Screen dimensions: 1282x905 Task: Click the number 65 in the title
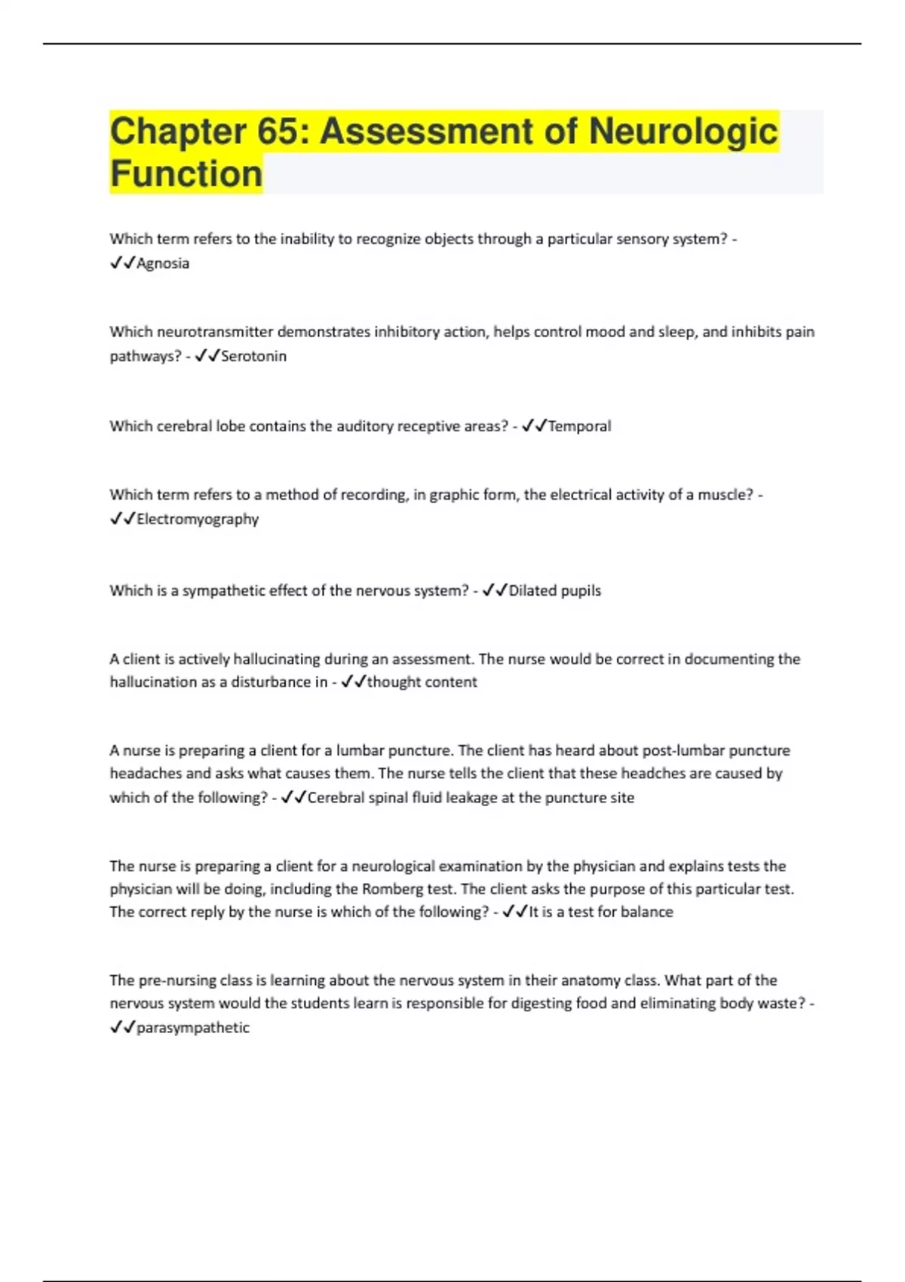278,131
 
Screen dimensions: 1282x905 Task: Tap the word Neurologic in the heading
683,131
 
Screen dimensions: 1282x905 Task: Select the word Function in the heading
186,173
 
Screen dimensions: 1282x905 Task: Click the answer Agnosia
163,263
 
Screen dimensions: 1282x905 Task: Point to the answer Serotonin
253,356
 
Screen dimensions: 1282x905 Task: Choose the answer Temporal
579,426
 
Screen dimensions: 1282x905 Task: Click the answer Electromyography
198,519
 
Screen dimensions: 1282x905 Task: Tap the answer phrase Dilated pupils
555,590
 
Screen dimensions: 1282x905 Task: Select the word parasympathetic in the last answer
193,1027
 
